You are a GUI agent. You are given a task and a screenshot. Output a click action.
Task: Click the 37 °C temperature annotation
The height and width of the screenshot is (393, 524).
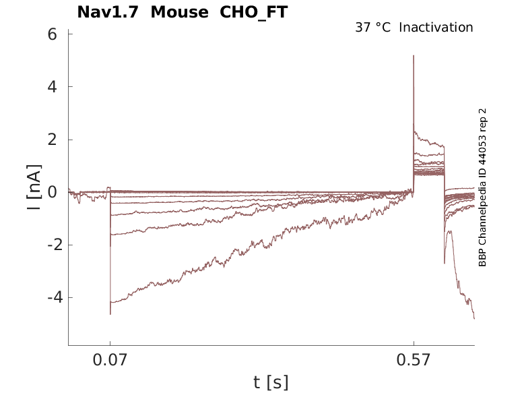[372, 28]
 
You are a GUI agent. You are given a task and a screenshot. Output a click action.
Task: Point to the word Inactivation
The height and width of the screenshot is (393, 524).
[436, 28]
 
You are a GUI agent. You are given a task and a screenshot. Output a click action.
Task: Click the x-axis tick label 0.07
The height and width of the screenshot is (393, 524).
[110, 361]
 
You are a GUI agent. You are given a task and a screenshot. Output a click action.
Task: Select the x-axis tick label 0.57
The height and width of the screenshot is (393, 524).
[414, 361]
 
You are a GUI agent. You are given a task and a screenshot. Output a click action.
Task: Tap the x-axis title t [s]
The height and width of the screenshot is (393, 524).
[271, 382]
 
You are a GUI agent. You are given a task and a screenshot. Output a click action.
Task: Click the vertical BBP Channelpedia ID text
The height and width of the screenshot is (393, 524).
[482, 187]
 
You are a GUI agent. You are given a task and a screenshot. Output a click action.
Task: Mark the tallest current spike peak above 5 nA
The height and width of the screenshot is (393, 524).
[414, 56]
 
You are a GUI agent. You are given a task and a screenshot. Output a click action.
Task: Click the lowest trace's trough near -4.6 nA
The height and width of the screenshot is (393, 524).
[110, 313]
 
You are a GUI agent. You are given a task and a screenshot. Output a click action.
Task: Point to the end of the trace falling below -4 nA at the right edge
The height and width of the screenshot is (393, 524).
[474, 318]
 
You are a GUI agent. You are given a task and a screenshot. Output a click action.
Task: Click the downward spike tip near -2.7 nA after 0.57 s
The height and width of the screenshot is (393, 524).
[445, 263]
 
